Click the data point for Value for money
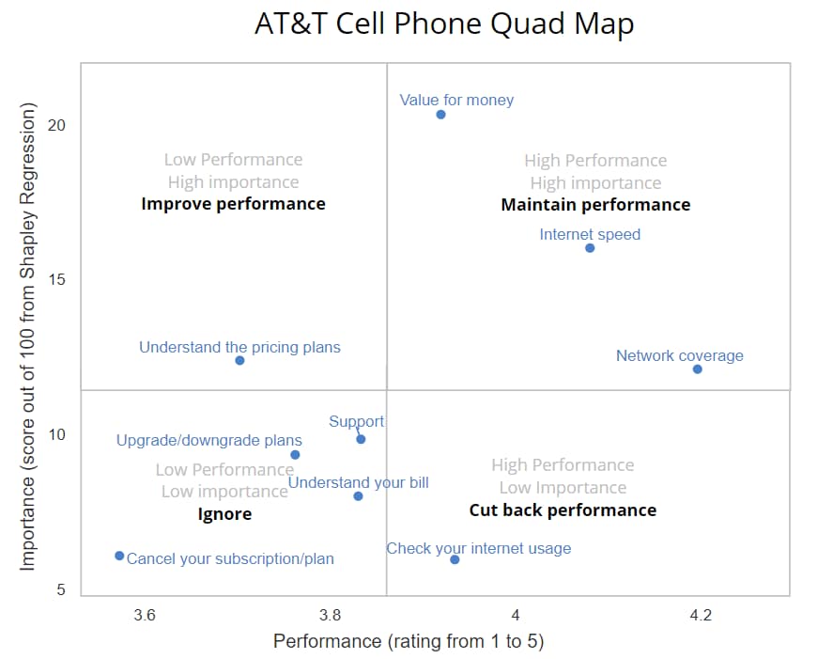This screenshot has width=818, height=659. coord(440,115)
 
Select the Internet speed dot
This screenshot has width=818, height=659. coord(590,248)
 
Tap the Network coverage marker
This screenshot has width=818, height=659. coord(697,369)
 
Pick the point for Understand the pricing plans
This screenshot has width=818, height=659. coord(239,361)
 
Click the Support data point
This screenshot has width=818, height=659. coord(361,439)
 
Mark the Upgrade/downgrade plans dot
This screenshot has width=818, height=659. coord(295,455)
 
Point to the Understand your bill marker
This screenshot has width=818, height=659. coord(358,496)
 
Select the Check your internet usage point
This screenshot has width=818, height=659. coord(455,559)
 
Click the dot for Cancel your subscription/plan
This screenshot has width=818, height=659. coord(119,556)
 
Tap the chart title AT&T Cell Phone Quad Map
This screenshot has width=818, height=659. coord(444,24)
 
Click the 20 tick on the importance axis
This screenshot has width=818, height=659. coord(57,125)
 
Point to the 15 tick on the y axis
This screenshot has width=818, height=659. coord(57,280)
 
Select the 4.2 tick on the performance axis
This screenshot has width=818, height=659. coord(701,616)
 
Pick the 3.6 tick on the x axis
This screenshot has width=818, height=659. coord(145,616)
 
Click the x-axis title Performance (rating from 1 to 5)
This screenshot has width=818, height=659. coord(409,642)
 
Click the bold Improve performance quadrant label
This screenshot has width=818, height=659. coord(233,204)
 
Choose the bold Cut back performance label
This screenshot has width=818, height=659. coord(563,510)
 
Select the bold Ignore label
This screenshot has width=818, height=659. coord(224,514)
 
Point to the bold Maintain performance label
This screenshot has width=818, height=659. coord(595,205)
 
